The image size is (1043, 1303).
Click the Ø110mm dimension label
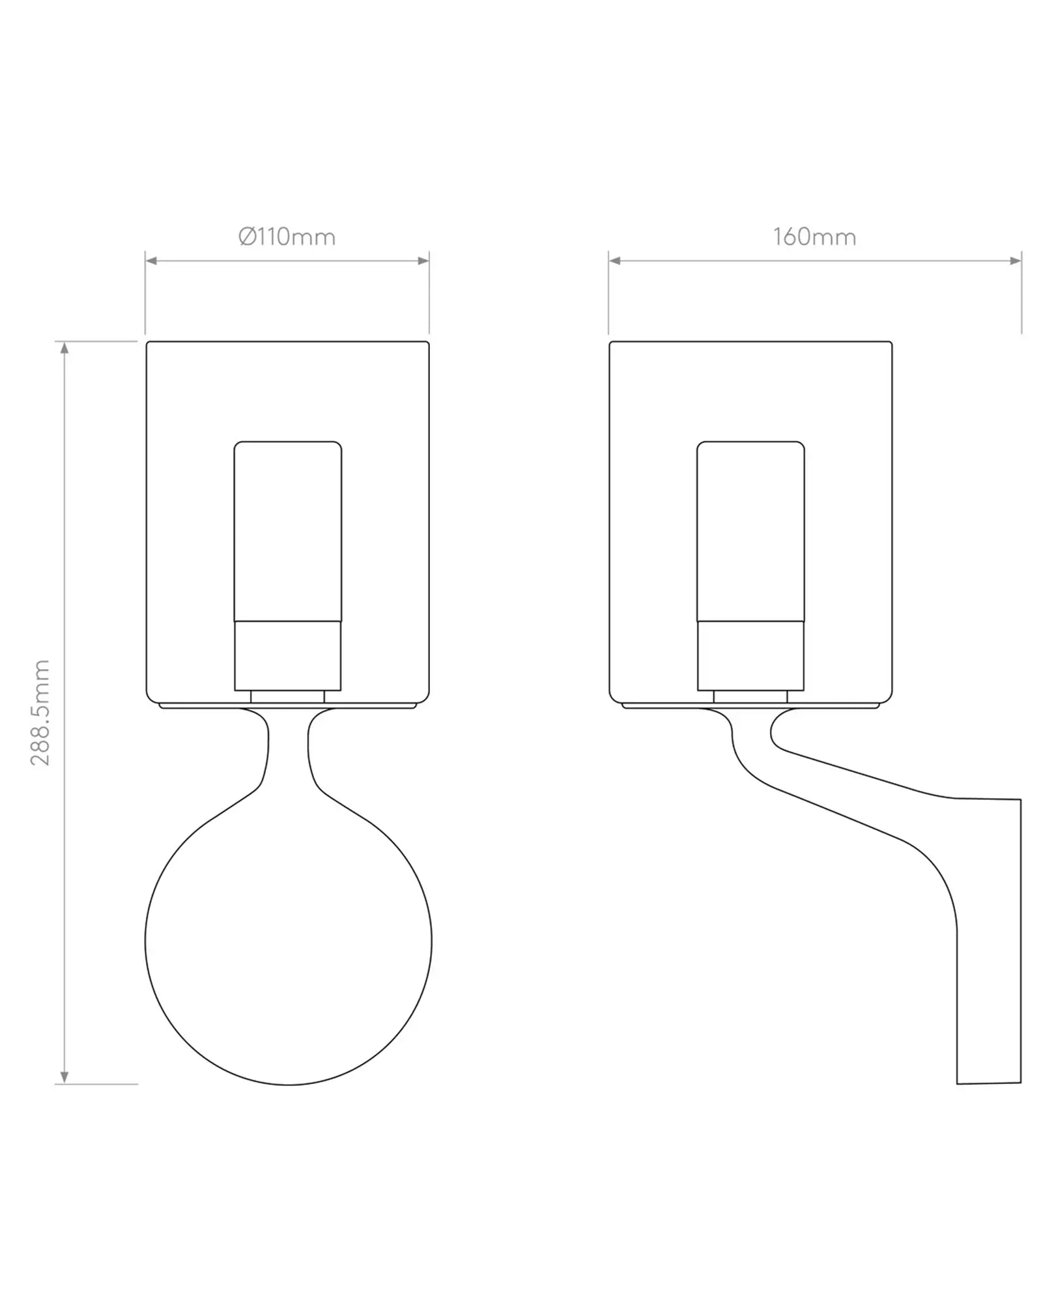287,236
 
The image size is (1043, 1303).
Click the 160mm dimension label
814,236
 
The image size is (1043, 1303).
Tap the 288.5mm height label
40,712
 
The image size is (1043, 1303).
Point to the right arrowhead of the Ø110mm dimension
423,261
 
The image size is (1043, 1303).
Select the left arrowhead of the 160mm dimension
614,261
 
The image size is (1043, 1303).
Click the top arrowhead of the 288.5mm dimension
64,348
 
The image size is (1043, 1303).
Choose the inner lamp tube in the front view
287,531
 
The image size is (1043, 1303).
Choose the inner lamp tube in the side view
750,531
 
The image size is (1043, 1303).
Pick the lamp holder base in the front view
287,655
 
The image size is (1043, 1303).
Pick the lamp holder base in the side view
750,655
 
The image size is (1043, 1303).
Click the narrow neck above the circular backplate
288,749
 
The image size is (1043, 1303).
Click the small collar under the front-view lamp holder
287,696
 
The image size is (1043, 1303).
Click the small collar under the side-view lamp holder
750,696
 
